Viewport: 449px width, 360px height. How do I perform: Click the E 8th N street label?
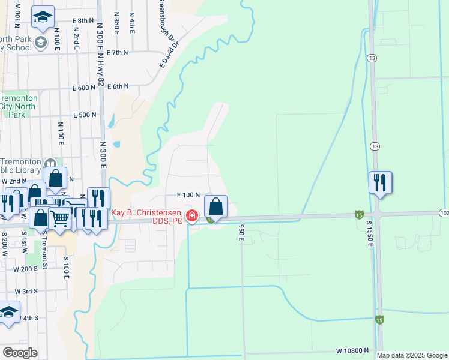click(x=83, y=20)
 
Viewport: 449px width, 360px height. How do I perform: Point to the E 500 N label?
click(x=85, y=115)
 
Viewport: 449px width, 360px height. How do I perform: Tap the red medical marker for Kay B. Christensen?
click(x=192, y=216)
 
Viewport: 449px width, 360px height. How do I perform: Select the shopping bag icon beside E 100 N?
click(x=216, y=207)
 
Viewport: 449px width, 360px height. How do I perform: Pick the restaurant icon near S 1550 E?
click(x=380, y=182)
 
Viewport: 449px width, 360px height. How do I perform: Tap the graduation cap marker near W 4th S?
click(x=8, y=312)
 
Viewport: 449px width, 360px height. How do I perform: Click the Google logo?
click(x=20, y=353)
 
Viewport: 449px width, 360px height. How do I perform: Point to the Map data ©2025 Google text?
click(x=412, y=355)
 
